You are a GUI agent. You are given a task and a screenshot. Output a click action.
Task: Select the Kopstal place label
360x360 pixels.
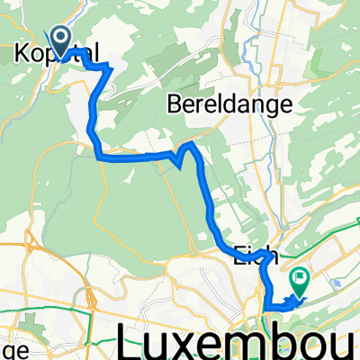(x=57, y=55)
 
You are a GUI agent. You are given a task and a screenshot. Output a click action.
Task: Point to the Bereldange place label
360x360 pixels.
(x=230, y=104)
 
